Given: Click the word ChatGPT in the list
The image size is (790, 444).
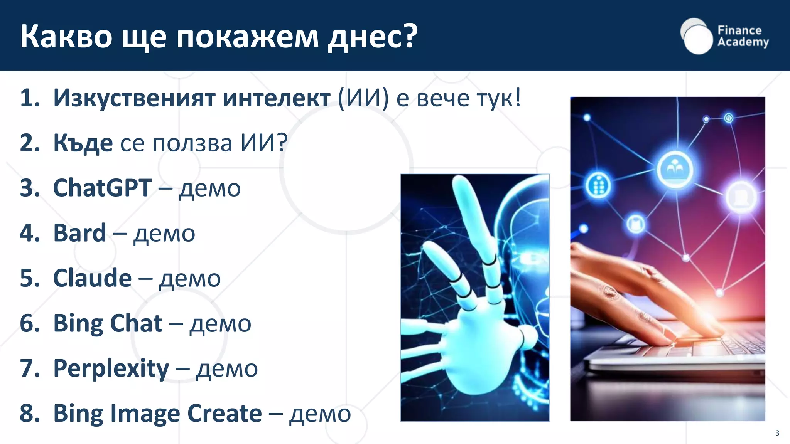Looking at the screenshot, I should (102, 188).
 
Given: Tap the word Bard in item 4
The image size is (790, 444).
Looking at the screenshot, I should (79, 233).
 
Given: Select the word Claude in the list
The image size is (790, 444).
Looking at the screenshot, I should (92, 278).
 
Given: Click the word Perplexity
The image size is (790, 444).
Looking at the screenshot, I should (111, 368).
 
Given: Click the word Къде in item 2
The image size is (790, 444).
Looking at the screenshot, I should (83, 143).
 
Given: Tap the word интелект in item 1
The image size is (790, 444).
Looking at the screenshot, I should (276, 98).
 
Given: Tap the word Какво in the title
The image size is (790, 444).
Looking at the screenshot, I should (66, 37).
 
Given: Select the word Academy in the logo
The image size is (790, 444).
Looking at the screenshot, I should (743, 42).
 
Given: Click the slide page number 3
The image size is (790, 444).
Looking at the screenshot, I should (777, 433).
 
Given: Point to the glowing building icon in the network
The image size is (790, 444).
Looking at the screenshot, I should (598, 185).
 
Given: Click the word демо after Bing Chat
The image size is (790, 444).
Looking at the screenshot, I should (220, 324).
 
